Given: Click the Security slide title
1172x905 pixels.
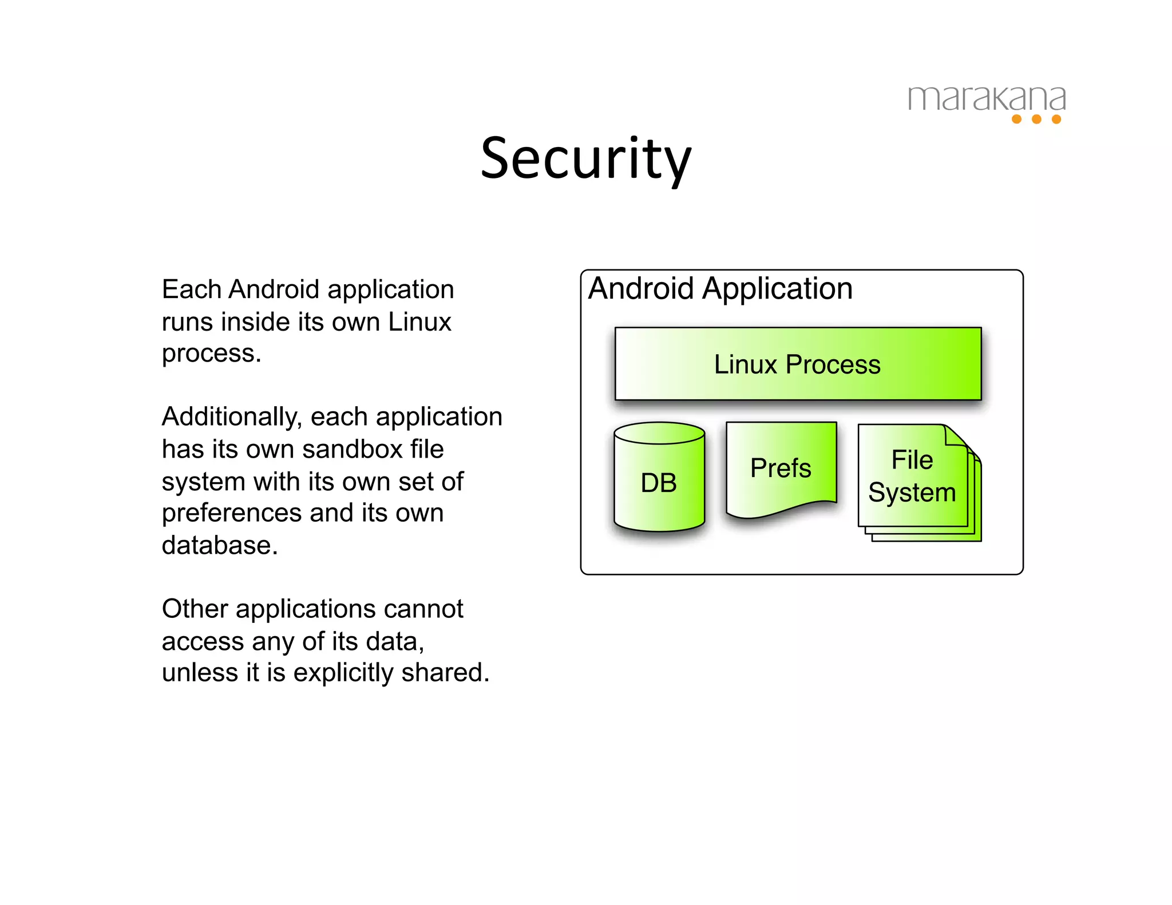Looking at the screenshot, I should (x=586, y=158).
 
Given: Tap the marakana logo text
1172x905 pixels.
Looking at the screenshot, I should (x=987, y=99).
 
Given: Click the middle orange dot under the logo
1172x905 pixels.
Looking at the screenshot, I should (x=1036, y=119).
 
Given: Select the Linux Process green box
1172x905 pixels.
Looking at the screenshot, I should (x=797, y=364).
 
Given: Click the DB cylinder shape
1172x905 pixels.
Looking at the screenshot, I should (x=659, y=483).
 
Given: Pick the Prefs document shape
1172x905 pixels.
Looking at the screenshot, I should (x=781, y=468).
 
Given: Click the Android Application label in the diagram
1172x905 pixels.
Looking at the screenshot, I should (x=720, y=288).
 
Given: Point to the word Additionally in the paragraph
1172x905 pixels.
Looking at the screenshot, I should (x=231, y=417).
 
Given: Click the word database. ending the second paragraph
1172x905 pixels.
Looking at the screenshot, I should (x=220, y=545).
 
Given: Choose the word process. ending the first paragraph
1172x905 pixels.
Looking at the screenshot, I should (x=211, y=354).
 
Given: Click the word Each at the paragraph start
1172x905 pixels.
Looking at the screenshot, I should (x=191, y=289).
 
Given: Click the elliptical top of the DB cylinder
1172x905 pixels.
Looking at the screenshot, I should (x=659, y=433).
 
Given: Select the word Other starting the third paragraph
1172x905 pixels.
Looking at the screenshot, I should (x=195, y=609).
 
